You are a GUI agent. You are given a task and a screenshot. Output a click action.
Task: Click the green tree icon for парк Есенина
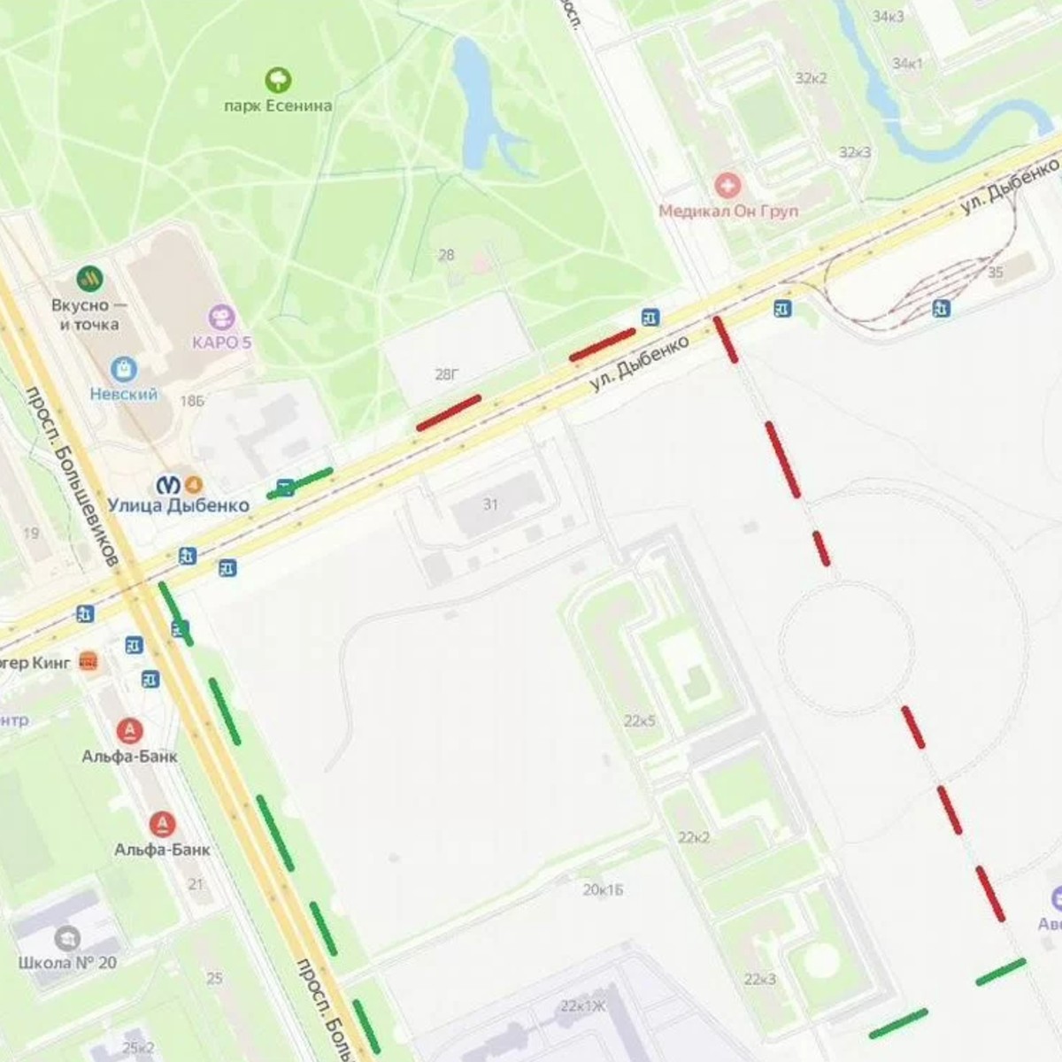click(x=278, y=81)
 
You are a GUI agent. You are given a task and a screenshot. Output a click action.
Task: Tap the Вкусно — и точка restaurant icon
click(x=89, y=279)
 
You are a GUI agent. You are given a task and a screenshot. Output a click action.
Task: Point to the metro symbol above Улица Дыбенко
click(x=168, y=484)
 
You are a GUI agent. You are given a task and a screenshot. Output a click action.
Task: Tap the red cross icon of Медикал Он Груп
click(x=728, y=186)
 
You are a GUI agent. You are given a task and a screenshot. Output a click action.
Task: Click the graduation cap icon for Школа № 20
click(x=67, y=938)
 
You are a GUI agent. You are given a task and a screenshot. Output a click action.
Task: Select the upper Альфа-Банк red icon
click(x=130, y=731)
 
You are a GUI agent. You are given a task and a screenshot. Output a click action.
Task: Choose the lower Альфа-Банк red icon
click(x=161, y=824)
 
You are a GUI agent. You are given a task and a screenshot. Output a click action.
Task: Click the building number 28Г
click(x=447, y=375)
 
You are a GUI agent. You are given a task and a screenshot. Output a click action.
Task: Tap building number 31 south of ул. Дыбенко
click(x=490, y=504)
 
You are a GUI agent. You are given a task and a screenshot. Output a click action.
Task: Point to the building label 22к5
click(x=639, y=721)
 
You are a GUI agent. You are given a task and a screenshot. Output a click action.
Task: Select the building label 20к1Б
click(x=603, y=889)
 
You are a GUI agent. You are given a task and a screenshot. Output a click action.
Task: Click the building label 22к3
click(x=760, y=979)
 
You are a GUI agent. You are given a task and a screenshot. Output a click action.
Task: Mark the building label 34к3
click(x=888, y=17)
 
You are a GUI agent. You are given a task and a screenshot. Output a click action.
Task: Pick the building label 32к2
click(x=811, y=78)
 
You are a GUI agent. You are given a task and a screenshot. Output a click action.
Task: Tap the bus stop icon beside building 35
click(x=942, y=308)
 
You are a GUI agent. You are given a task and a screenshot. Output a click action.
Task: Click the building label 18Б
click(x=192, y=401)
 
